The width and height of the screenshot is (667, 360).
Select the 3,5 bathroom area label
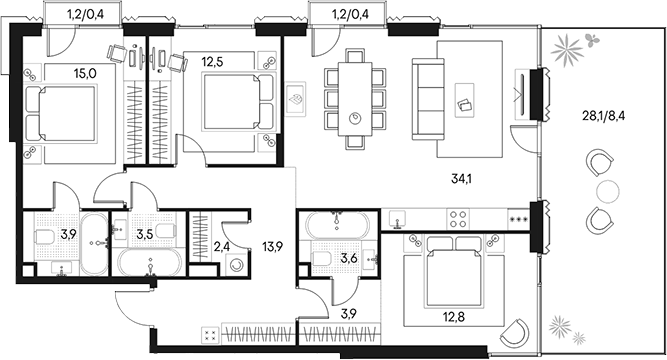click(146, 234)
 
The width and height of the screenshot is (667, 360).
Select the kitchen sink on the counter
click(398, 217)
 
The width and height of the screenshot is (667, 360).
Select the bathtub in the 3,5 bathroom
click(148, 265)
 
